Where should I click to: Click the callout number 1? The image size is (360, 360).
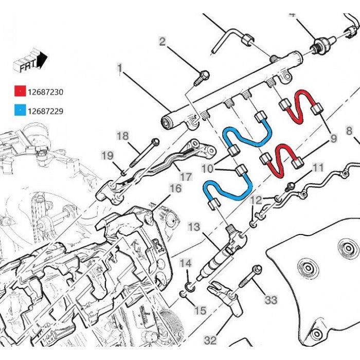point(119,68)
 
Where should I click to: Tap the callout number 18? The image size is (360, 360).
point(122,136)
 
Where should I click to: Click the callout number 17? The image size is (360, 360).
point(186,176)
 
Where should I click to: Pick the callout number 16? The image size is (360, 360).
point(175,189)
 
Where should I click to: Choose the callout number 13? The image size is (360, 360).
point(193,227)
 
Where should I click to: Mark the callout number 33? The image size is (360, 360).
point(271,298)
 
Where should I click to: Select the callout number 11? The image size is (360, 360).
point(318,167)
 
